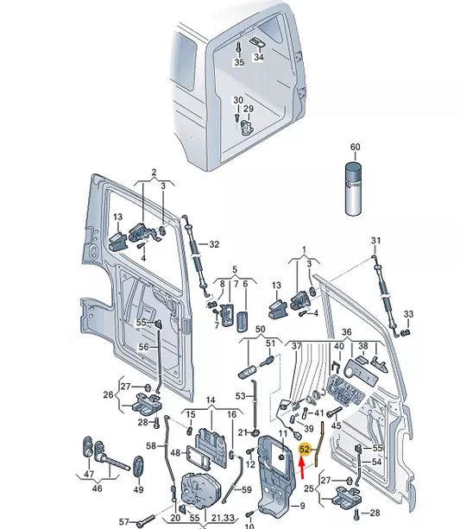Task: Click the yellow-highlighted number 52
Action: pos(305,449)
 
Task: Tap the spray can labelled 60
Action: pos(353,188)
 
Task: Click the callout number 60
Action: pos(355,147)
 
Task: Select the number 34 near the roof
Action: pos(259,57)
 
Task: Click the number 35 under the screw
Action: pos(239,62)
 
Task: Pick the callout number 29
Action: pos(249,109)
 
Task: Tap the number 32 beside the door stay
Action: pos(214,244)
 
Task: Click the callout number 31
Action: pos(375,241)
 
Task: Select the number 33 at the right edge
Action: pos(408,314)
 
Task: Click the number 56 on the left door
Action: pos(144,346)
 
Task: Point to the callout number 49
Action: pos(138,489)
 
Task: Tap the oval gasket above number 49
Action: pos(138,467)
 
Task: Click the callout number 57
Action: pos(124,521)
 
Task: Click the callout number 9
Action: pos(302,506)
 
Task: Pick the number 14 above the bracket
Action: pos(211,400)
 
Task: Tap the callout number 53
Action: pos(240,396)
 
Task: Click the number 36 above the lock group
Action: pos(346,332)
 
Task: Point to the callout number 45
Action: pos(336,425)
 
